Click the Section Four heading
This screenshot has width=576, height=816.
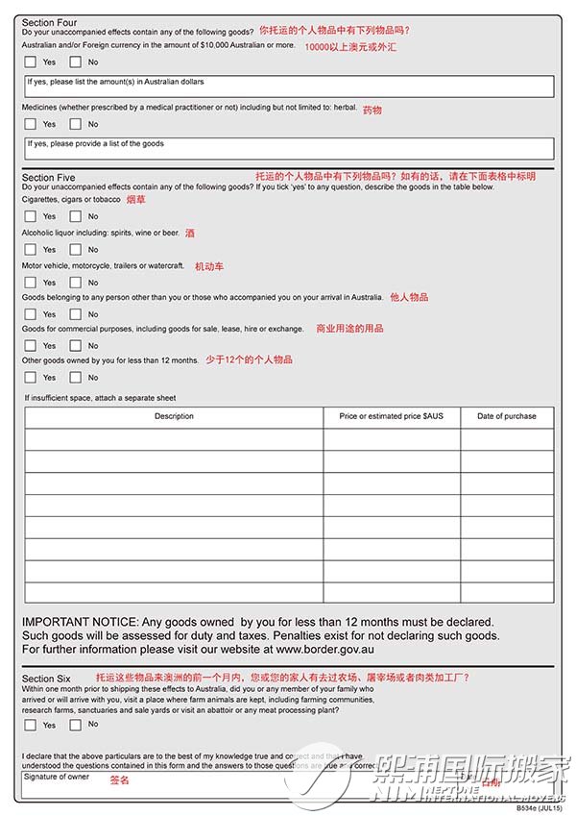(50, 22)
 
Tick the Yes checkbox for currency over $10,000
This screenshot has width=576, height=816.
(31, 62)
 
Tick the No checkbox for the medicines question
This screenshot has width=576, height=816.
(76, 124)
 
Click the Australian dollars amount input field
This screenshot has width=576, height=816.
(288, 87)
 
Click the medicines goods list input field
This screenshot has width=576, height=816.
(288, 148)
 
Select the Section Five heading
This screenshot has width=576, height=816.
(49, 178)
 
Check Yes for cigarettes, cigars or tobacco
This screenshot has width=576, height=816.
(31, 216)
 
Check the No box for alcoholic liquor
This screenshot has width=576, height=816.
(76, 250)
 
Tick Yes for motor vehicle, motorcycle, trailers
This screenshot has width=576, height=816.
(31, 283)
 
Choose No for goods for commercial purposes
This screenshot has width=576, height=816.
(76, 345)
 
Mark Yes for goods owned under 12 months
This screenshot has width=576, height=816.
(31, 377)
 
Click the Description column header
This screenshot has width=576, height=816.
(174, 416)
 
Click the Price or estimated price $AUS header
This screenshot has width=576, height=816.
(392, 416)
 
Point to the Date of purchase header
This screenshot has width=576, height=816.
(507, 416)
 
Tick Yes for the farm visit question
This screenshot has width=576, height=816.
(31, 725)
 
